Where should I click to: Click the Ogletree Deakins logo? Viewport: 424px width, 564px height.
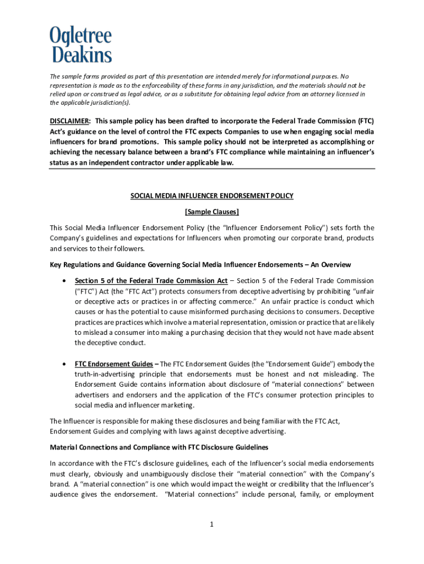[81, 45]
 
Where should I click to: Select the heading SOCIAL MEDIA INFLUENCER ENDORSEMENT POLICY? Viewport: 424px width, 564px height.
[212, 196]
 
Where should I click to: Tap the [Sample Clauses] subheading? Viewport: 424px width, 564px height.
[212, 211]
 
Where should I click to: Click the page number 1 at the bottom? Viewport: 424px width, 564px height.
[211, 524]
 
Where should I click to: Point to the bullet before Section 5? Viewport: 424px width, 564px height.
[66, 281]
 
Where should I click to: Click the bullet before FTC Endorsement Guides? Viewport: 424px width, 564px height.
[66, 364]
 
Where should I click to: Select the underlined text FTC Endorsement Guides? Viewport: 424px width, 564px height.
[114, 364]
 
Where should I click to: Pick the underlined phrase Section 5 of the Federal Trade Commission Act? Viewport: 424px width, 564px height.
[151, 281]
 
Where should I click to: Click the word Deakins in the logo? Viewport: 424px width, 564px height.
[82, 54]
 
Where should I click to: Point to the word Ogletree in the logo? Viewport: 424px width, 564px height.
[81, 36]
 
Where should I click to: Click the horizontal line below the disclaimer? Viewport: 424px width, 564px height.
[212, 169]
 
